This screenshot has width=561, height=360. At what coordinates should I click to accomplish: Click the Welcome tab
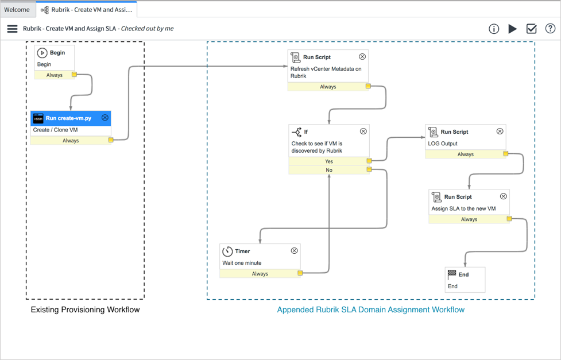17,9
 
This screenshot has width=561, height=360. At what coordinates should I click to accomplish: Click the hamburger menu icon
12,29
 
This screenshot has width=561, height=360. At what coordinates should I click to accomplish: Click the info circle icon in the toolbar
494,29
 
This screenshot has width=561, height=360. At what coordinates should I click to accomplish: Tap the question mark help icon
550,29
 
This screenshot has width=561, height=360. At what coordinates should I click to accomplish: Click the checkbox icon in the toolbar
532,29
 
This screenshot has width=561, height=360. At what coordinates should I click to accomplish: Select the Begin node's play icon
42,53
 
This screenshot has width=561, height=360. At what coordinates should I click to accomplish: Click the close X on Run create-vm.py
105,118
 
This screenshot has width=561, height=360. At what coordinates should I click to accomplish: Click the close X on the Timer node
294,251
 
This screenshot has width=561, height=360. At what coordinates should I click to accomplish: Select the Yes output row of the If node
329,161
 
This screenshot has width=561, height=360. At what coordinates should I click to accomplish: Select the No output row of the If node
329,170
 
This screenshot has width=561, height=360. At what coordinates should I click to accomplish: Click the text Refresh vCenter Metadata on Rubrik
326,72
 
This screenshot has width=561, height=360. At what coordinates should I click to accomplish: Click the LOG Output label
443,144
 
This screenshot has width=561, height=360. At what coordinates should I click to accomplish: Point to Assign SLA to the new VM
463,208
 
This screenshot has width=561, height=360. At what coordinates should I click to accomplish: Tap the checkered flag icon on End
452,274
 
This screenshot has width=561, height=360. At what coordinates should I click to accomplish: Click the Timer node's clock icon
227,251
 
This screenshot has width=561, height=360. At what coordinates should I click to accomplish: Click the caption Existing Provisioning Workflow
85,309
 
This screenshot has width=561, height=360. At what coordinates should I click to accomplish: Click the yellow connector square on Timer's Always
300,273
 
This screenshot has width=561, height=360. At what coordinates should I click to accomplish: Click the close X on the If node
363,131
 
